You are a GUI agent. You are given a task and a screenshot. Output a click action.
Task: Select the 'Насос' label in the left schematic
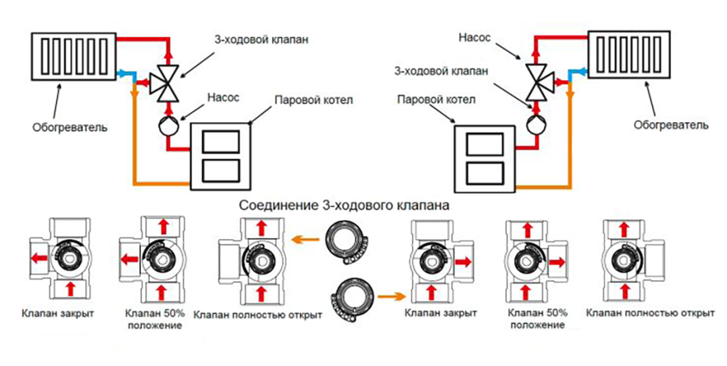(222, 95)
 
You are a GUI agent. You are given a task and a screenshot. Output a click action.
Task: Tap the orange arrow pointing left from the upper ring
(303, 238)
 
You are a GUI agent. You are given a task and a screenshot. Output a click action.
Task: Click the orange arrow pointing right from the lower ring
(389, 296)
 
